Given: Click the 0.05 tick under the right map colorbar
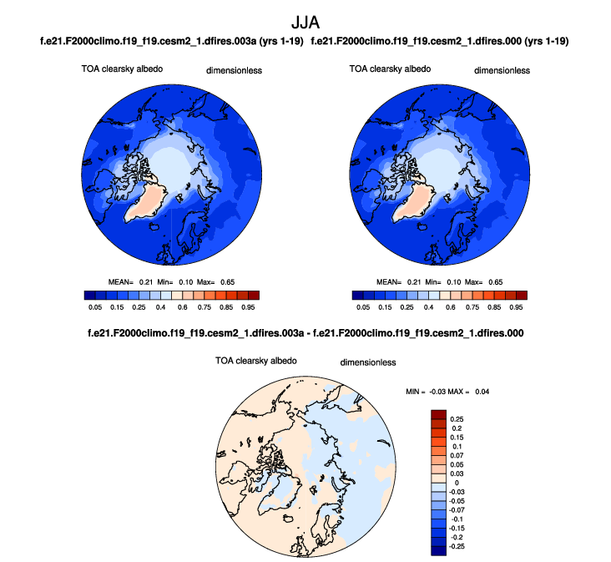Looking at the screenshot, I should (362, 307).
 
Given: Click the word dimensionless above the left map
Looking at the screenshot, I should (234, 71).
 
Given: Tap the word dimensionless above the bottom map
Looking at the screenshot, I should (367, 362).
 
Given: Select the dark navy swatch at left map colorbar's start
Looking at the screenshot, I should (89, 295).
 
